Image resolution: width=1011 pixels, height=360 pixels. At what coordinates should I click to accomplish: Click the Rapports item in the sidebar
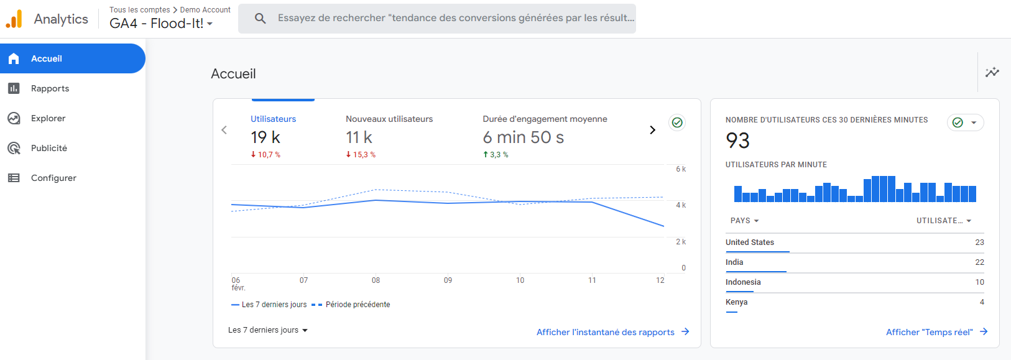coord(50,88)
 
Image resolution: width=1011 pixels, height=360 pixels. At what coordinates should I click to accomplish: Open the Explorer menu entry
coord(48,118)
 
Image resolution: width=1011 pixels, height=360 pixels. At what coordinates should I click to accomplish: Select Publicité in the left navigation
coord(48,148)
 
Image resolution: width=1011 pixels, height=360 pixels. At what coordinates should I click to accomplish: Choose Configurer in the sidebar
coord(53,178)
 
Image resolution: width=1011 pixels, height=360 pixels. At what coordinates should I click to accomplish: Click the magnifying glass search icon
coord(261,19)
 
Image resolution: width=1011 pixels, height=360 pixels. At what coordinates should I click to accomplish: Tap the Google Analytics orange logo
coord(14,19)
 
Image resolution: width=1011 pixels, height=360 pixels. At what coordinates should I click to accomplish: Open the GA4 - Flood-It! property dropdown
coord(161,24)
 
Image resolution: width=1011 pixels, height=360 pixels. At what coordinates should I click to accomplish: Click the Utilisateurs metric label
coord(273,119)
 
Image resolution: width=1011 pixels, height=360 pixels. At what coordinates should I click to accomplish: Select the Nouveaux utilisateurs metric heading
coord(389,119)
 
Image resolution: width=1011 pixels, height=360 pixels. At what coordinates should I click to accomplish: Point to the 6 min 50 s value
coord(523,137)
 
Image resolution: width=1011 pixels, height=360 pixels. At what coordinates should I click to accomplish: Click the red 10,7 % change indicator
coord(265,155)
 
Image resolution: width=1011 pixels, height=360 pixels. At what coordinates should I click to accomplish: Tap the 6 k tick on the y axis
coord(681,169)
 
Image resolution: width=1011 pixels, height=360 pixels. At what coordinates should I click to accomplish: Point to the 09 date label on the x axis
coord(448,280)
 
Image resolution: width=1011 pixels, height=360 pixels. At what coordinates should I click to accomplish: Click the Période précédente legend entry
coord(358,305)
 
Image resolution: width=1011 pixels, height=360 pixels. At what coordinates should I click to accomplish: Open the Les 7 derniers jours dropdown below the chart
coord(268,330)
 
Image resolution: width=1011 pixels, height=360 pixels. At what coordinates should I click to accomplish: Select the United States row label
coord(750,242)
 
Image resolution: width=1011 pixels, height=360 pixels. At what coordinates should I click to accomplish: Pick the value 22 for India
coord(979,262)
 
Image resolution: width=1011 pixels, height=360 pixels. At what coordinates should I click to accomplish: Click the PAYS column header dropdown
coord(744,221)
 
